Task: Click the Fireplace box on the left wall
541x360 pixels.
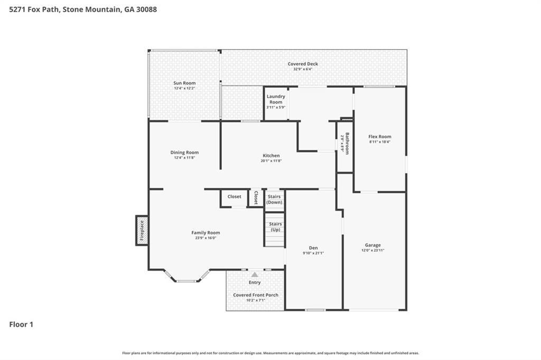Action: pyautogui.click(x=142, y=231)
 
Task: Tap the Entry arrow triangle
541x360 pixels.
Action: pyautogui.click(x=255, y=274)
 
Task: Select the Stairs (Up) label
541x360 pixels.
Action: pyautogui.click(x=275, y=227)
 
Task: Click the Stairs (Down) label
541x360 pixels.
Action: pyautogui.click(x=274, y=200)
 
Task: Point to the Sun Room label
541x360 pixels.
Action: pyautogui.click(x=184, y=83)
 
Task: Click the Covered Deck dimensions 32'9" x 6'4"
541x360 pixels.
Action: pyautogui.click(x=303, y=69)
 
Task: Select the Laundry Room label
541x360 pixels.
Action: pyautogui.click(x=276, y=99)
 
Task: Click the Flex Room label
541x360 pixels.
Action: pyautogui.click(x=379, y=137)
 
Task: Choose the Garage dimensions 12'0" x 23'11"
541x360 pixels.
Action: pyautogui.click(x=372, y=250)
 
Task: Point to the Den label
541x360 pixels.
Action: pyautogui.click(x=313, y=248)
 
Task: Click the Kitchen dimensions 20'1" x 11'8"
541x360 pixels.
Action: pyautogui.click(x=271, y=161)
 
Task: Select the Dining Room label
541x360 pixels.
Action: pyautogui.click(x=184, y=153)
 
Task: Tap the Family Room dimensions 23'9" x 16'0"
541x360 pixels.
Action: pyautogui.click(x=206, y=238)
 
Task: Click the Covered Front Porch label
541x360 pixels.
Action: pyautogui.click(x=256, y=295)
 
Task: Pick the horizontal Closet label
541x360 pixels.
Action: pyautogui.click(x=235, y=197)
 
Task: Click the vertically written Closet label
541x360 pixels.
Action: pyautogui.click(x=256, y=197)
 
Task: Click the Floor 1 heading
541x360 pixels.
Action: pyautogui.click(x=21, y=325)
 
